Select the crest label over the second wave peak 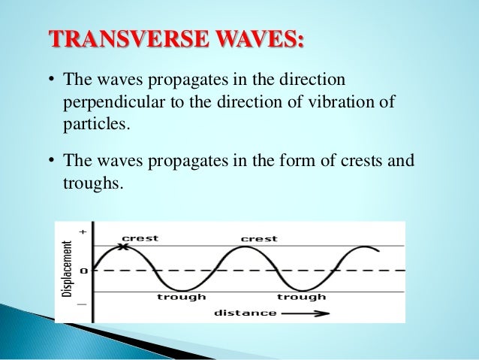coord(258,239)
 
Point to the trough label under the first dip coord(182,297)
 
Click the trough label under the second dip coord(301,297)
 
